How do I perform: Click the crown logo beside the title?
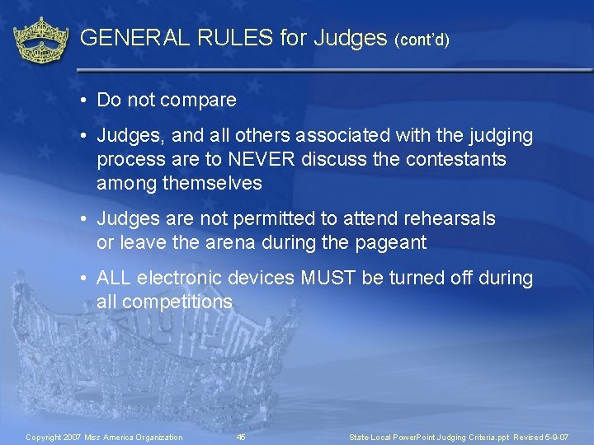pos(42,39)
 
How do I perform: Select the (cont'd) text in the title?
pos(422,40)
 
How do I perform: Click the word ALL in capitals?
pos(114,278)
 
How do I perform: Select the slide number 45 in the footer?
pos(241,437)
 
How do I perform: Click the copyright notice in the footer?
pos(105,437)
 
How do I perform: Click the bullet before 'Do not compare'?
pos(85,101)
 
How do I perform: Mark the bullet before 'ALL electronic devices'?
pos(85,279)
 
